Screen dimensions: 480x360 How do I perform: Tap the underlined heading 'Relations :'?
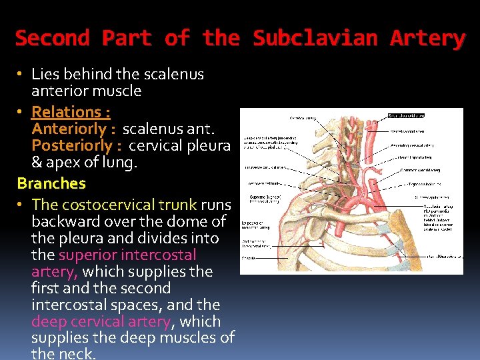pos(71,111)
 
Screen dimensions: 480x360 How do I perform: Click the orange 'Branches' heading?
pos(51,183)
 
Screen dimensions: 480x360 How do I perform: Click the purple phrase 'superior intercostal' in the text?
pos(127,255)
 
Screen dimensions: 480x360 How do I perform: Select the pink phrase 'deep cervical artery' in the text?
pos(101,321)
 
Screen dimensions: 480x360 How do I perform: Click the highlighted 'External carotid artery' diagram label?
pos(406,115)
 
